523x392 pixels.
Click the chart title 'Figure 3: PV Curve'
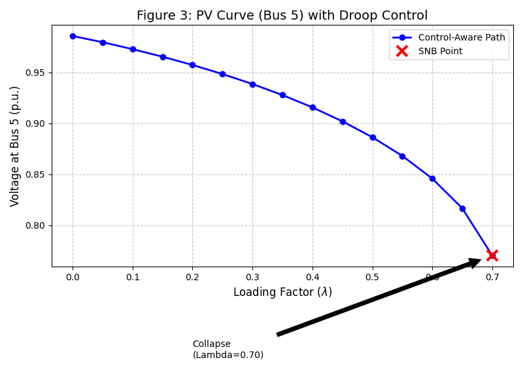point(282,16)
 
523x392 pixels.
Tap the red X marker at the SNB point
point(492,255)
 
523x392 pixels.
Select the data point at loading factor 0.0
point(73,36)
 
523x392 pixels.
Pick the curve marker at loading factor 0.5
point(373,137)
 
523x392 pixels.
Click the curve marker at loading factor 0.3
point(252,84)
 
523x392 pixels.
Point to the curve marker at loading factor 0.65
point(462,208)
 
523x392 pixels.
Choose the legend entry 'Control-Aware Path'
point(462,38)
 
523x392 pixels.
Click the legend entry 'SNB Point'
point(440,51)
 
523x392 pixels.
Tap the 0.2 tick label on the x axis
point(192,277)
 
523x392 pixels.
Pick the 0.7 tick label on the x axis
point(492,277)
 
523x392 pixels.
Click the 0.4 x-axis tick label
point(312,277)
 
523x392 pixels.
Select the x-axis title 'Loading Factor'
point(282,292)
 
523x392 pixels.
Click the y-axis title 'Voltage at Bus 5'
point(15,146)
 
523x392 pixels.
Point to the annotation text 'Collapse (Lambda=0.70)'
point(228,350)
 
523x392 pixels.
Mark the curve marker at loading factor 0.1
point(133,49)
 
